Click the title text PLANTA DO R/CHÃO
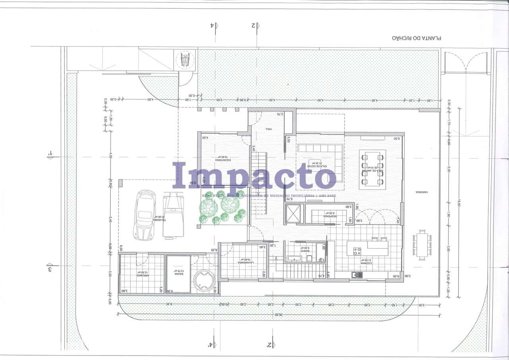(x=417, y=38)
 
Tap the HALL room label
(x=269, y=129)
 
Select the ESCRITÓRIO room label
(x=223, y=160)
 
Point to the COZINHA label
(x=366, y=263)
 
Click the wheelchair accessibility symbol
(x=185, y=60)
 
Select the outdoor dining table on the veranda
(x=422, y=245)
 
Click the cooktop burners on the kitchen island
(x=357, y=251)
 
